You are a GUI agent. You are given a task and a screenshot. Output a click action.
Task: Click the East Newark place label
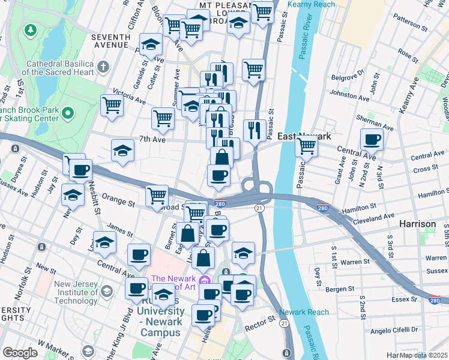[x=304, y=136]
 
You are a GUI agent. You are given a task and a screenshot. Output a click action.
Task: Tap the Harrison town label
[x=418, y=224]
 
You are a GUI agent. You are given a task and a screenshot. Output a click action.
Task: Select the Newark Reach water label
[x=304, y=312]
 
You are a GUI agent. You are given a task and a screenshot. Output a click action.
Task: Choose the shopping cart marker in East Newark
[x=307, y=145]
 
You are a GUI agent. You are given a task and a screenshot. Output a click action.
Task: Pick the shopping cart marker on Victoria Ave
[x=112, y=105]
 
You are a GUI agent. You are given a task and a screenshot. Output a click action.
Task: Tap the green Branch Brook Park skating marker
[x=68, y=112]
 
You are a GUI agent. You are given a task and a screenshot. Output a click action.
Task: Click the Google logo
[x=20, y=353]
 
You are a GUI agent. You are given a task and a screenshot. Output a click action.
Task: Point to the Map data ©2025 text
[x=423, y=355]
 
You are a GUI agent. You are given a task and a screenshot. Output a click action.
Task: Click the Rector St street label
[x=264, y=320]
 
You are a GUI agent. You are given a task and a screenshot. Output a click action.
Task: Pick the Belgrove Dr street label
[x=348, y=77]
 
